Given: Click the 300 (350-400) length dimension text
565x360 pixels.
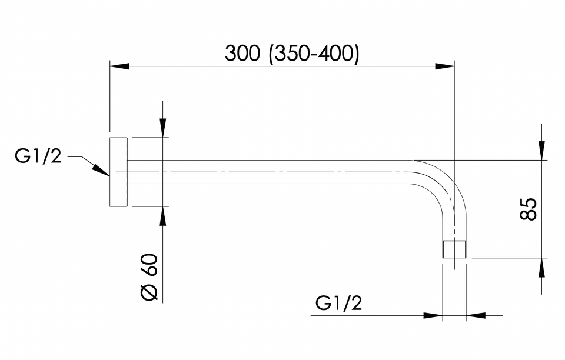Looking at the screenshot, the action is click(x=292, y=54).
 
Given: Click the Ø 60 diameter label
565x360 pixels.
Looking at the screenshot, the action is click(x=149, y=277).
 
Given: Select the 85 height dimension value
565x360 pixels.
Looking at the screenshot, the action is click(x=529, y=209).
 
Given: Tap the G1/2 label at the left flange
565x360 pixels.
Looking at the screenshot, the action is click(x=38, y=157).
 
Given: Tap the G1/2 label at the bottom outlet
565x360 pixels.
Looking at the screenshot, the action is click(x=339, y=303).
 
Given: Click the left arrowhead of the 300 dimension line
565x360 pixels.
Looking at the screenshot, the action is click(x=119, y=66).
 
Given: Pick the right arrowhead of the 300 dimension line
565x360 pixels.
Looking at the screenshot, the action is click(x=445, y=66).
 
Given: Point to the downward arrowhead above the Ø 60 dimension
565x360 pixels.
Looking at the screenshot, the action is click(x=163, y=128).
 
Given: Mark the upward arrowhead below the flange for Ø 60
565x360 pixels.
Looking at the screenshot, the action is click(x=163, y=216).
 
